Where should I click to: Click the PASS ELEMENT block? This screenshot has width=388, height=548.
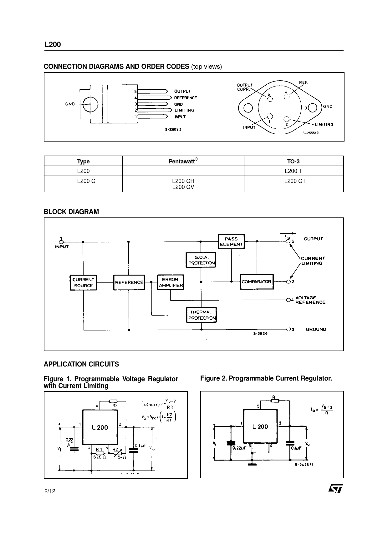231,242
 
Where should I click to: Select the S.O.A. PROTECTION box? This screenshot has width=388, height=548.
201,260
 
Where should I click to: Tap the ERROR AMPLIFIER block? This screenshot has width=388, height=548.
171,282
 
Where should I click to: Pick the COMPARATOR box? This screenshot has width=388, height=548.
257,282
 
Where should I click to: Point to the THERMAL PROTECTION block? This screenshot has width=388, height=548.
201,315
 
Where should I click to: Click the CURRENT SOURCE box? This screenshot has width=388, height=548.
83,282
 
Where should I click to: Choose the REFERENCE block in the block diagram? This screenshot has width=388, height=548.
129,282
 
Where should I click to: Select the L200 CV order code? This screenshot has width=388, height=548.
183,187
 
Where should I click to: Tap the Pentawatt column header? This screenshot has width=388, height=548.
183,161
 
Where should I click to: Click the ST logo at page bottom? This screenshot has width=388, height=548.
335,489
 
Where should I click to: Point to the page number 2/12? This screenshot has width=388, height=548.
50,491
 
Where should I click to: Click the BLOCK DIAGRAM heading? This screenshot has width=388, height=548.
71,212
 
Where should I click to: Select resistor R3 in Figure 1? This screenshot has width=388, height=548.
113,401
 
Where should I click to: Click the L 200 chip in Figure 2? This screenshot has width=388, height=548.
260,426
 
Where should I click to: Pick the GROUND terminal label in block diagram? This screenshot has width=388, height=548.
316,329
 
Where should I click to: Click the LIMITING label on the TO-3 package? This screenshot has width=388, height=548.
324,124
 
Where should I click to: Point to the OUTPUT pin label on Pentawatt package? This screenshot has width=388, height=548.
182,91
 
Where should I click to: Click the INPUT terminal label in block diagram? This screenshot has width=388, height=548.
62,247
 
